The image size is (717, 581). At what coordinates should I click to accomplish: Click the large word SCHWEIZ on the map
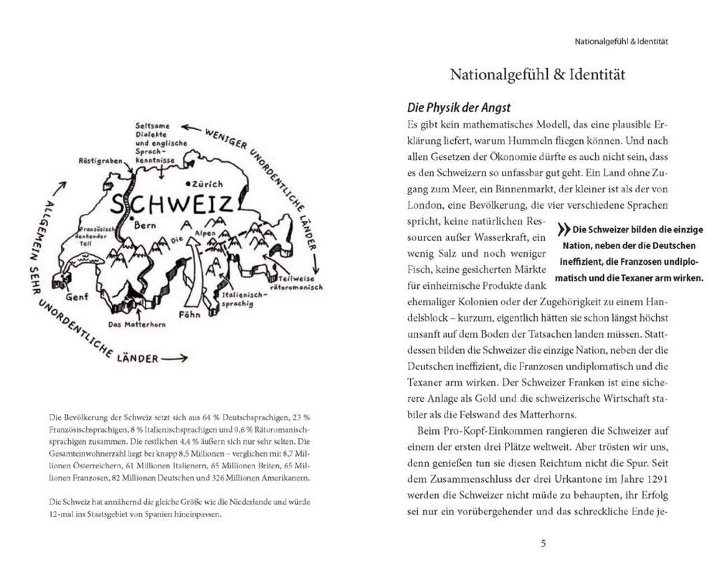(171, 204)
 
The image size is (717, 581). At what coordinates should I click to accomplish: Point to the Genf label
(77, 295)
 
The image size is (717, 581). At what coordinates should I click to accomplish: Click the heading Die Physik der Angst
(449, 108)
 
